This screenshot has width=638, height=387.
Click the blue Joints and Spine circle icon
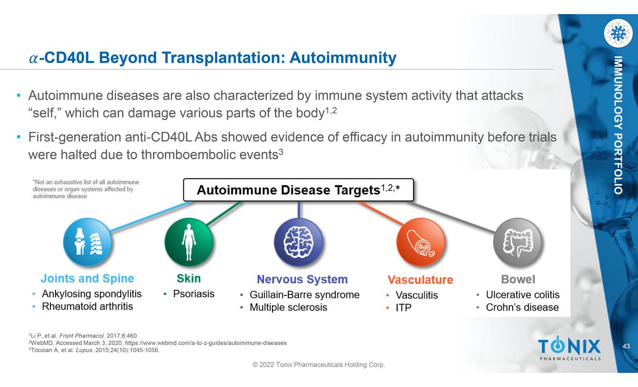87,242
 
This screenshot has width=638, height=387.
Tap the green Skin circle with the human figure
188,242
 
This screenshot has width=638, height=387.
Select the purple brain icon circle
298,242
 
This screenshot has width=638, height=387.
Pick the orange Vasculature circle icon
421,242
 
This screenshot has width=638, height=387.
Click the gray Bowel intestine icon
517,242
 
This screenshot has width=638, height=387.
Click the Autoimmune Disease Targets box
298,190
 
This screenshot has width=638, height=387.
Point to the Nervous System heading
302,279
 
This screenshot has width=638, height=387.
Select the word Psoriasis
194,294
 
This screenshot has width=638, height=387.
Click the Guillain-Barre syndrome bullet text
304,295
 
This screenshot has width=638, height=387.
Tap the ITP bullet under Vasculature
403,308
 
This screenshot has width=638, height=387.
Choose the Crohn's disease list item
522,307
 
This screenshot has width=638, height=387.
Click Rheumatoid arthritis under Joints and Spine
87,306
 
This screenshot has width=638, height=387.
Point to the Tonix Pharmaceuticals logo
569,348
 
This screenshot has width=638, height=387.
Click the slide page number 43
626,346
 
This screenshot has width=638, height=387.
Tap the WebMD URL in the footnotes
206,343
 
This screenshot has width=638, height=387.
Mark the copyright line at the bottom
319,365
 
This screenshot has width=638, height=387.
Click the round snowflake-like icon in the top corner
618,33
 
